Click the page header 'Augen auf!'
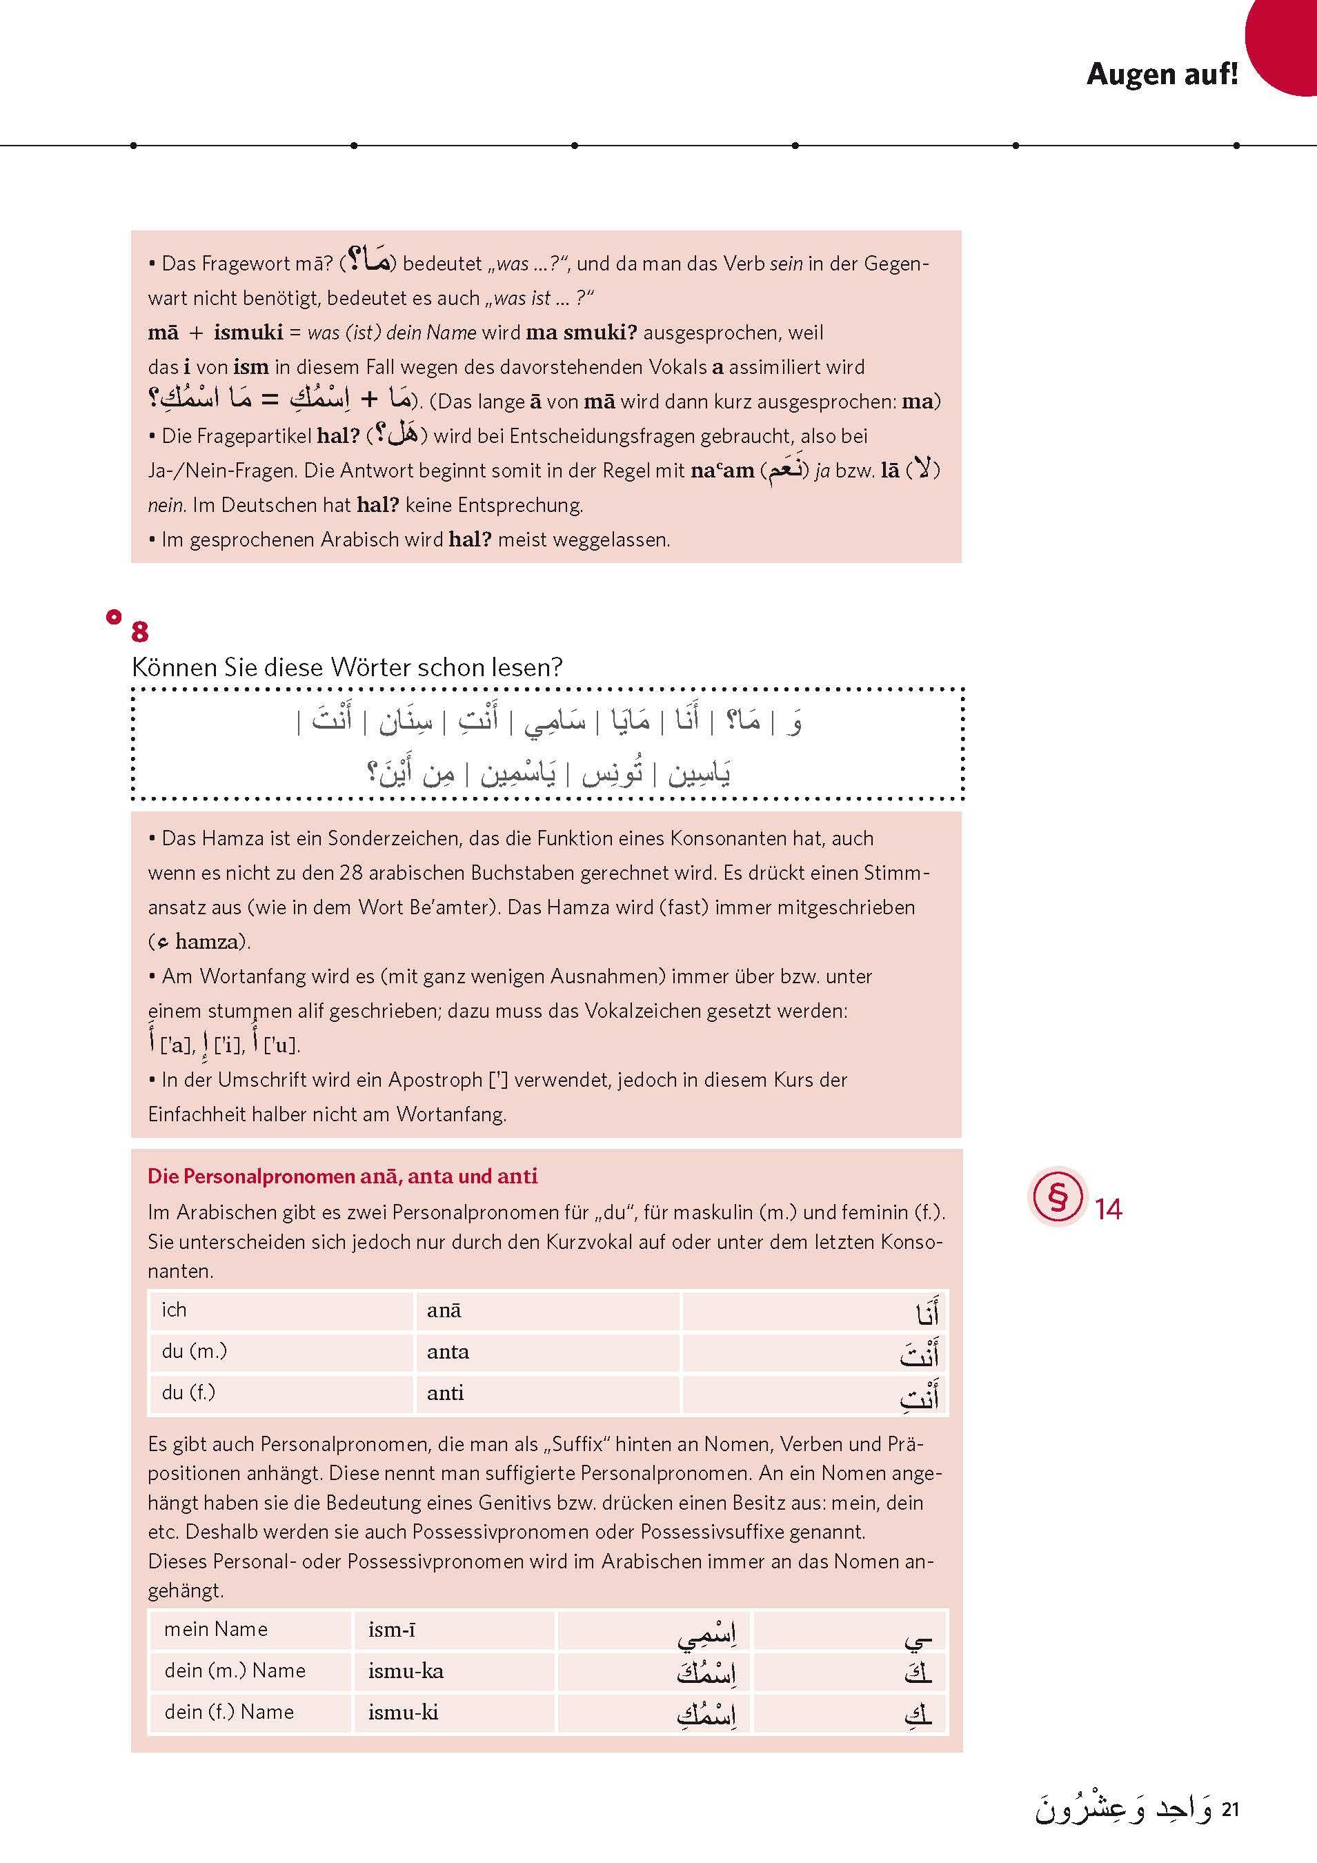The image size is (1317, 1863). pos(1161,75)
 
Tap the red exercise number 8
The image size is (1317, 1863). pos(139,632)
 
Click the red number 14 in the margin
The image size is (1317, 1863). pos(1108,1210)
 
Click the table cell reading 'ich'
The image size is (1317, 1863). pos(175,1310)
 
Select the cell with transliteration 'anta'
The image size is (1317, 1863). pos(448,1352)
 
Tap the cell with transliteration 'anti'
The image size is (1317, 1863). pos(446,1393)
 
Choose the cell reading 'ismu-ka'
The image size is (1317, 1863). pos(406,1670)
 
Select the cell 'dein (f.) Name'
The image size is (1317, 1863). pos(229,1711)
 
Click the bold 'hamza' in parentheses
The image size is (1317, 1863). pos(207,942)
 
